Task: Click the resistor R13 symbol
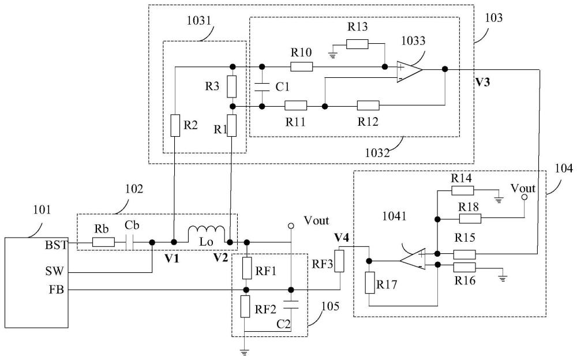[357, 44]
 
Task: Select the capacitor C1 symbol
[262, 87]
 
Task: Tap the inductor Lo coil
[207, 234]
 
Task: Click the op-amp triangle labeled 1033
[410, 72]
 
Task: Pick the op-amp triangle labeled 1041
[413, 259]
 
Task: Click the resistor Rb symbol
[103, 242]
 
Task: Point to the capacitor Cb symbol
[129, 242]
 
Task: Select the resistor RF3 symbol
[339, 261]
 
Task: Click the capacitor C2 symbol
[291, 305]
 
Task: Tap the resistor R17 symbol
[370, 283]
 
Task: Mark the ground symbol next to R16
[503, 278]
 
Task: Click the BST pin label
[57, 245]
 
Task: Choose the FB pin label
[57, 290]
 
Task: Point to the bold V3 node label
[482, 82]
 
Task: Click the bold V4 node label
[342, 238]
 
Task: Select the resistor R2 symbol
[175, 126]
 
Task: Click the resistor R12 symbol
[368, 105]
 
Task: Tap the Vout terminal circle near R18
[524, 197]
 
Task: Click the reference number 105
[330, 306]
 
